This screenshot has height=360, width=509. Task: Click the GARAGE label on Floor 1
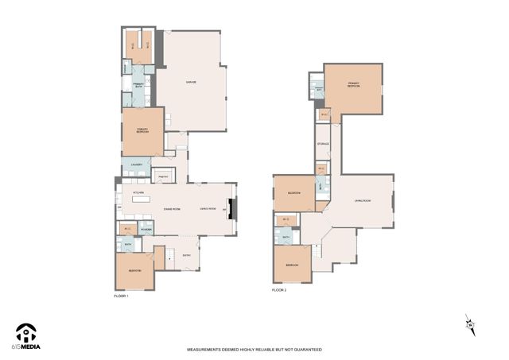(191, 82)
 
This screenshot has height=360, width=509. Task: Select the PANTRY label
(162, 176)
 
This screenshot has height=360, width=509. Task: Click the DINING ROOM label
(172, 208)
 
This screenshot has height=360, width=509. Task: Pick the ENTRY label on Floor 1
(186, 255)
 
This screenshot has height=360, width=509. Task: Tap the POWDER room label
(146, 230)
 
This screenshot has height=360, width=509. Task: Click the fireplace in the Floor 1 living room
(231, 209)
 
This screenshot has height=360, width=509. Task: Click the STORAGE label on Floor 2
(323, 144)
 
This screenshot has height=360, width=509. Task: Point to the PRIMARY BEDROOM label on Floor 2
(354, 84)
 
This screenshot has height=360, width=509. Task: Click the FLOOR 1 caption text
(120, 295)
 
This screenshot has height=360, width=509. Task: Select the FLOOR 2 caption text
(278, 291)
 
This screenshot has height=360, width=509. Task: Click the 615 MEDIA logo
(27, 336)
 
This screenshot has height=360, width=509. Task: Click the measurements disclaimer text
(254, 350)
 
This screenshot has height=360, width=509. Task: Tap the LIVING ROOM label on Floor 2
(363, 201)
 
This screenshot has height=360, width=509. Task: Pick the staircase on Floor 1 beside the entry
(169, 256)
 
